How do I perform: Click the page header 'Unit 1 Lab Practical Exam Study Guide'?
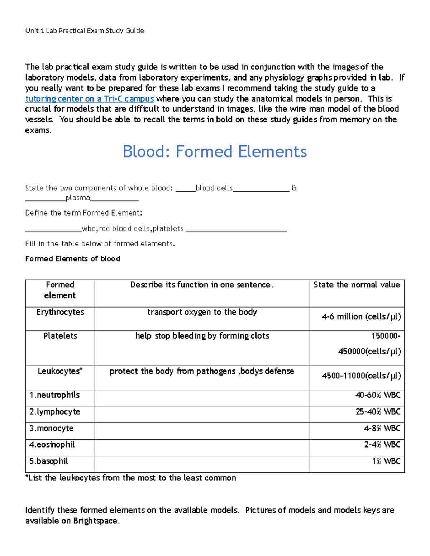[x=85, y=31]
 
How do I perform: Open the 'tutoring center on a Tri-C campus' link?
[x=90, y=99]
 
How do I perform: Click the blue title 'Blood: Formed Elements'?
[x=215, y=152]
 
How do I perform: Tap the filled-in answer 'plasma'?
[x=78, y=198]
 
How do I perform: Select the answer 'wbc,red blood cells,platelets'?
[x=132, y=229]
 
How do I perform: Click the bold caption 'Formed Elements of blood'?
[x=73, y=259]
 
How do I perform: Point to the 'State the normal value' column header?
[x=357, y=285]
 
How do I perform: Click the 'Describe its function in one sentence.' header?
[x=202, y=285]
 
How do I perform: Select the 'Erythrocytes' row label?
[x=60, y=312]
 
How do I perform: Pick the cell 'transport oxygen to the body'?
[x=202, y=312]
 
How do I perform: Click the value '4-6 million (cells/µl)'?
[x=361, y=317]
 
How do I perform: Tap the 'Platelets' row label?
[x=60, y=336]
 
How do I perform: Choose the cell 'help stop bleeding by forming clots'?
[x=202, y=336]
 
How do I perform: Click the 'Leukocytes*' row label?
[x=60, y=371]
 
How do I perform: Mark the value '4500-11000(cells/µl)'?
[x=361, y=376]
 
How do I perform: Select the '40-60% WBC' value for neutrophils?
[x=377, y=395]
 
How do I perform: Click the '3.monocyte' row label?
[x=52, y=429]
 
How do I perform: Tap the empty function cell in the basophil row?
[x=202, y=464]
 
